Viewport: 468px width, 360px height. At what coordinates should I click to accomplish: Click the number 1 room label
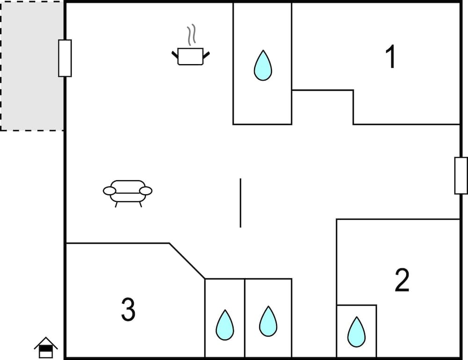click(x=391, y=57)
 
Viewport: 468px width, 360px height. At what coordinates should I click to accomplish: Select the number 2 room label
click(x=402, y=280)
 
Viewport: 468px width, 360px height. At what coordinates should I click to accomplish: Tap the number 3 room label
click(x=128, y=309)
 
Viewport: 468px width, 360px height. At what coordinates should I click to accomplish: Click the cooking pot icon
click(x=190, y=56)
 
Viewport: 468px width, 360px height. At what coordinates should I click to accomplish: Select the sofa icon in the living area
click(x=128, y=191)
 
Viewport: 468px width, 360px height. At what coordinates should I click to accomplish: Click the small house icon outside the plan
click(x=46, y=347)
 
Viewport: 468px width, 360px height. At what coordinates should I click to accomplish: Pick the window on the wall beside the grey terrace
click(x=65, y=58)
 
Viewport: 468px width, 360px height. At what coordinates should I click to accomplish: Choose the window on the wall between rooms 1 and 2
click(x=461, y=176)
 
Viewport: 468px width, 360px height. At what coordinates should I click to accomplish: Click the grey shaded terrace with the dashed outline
click(x=32, y=66)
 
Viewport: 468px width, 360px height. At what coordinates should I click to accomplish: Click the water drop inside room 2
click(x=356, y=332)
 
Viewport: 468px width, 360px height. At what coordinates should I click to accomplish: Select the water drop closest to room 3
click(x=225, y=325)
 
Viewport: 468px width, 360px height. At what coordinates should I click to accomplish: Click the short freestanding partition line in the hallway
click(x=241, y=203)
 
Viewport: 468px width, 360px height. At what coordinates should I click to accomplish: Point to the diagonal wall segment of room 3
click(x=187, y=261)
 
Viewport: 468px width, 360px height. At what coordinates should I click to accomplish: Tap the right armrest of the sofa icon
click(x=146, y=191)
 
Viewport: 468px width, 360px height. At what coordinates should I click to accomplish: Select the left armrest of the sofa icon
click(x=109, y=191)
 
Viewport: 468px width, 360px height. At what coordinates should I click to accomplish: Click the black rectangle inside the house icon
click(x=46, y=349)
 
